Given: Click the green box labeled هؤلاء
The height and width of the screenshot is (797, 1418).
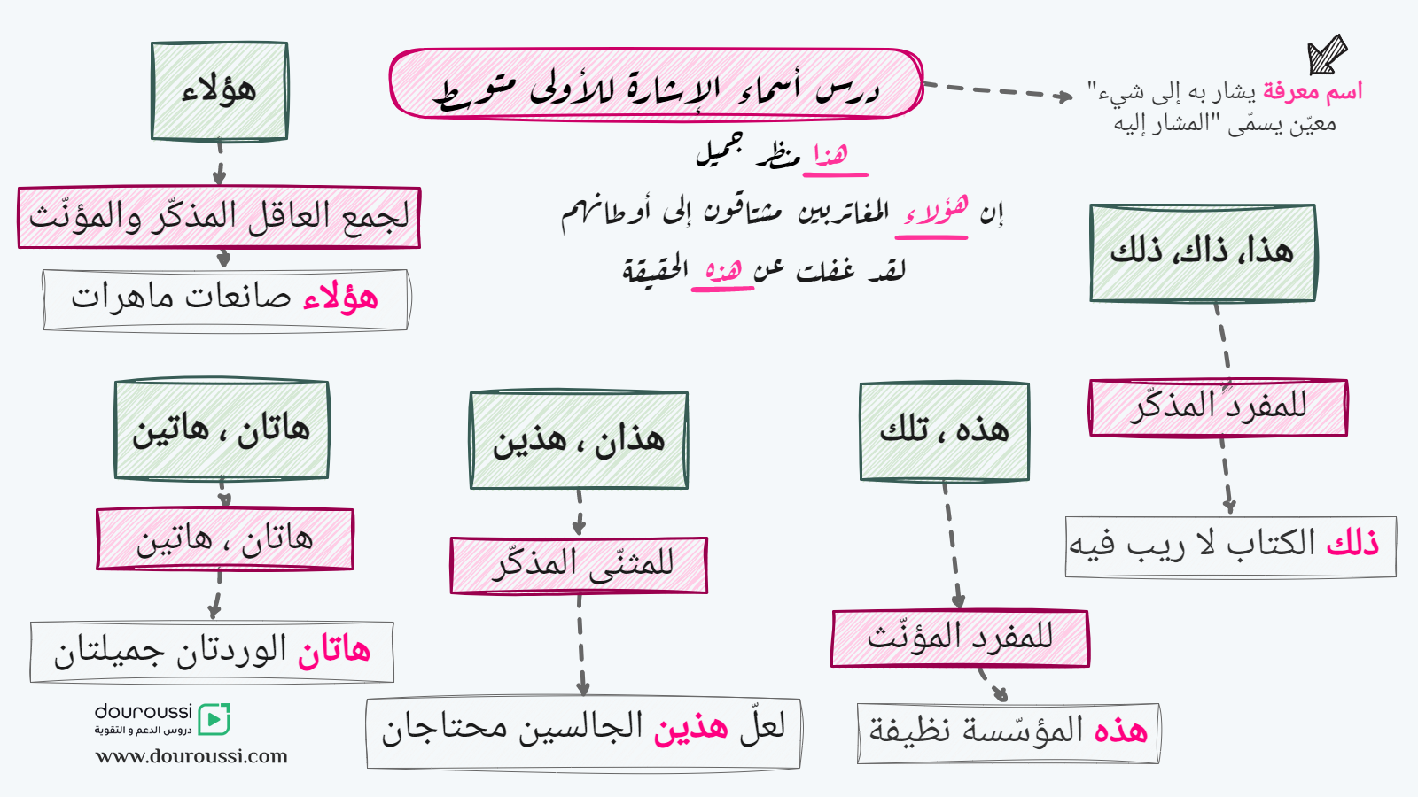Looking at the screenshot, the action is click(220, 91).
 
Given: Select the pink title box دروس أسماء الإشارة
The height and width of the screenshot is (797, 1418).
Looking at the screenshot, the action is click(657, 83).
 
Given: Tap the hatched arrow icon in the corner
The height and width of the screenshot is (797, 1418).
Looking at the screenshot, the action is click(1327, 54).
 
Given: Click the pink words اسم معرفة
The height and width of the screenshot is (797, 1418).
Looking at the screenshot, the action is click(1313, 92).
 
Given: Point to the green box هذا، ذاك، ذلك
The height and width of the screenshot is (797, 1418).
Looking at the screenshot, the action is click(1203, 253).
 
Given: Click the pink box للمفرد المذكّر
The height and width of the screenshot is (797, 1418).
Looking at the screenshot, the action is click(1219, 407).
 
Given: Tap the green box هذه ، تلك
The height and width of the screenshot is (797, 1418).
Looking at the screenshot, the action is click(945, 431).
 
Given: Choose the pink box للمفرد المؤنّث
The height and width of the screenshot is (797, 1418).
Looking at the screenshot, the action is click(961, 638).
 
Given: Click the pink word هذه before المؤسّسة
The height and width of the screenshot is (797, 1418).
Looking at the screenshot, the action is click(1121, 731).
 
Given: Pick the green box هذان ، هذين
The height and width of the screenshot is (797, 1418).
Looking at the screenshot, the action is click(579, 440).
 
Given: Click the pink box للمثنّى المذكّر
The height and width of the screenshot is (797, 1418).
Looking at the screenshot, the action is click(579, 566).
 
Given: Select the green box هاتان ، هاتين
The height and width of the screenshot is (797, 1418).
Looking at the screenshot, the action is click(222, 430).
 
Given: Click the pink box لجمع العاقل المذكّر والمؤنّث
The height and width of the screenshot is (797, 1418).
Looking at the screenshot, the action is click(219, 217).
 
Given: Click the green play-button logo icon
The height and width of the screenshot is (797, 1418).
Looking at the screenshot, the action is click(214, 719).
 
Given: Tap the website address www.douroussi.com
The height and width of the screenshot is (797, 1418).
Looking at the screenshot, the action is click(191, 756).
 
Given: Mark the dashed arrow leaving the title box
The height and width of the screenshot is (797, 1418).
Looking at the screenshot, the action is click(998, 90).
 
